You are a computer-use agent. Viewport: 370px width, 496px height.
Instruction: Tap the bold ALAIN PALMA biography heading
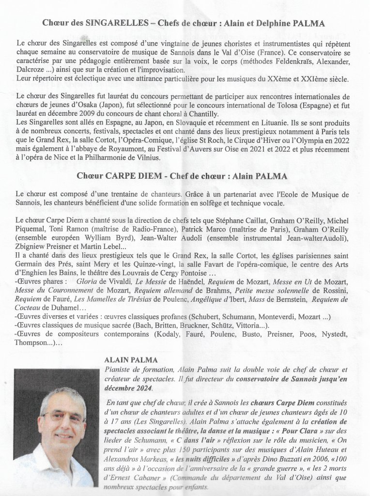click(128, 359)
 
